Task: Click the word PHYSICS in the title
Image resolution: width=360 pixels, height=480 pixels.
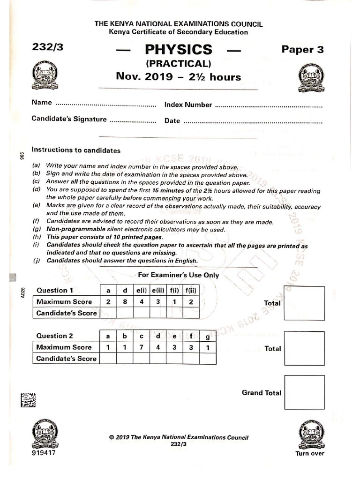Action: click(x=179, y=50)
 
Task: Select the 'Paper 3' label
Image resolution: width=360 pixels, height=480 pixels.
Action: click(x=302, y=49)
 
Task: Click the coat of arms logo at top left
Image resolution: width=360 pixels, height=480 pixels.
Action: click(x=45, y=76)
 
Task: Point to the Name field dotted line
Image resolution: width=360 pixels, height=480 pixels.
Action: click(x=106, y=104)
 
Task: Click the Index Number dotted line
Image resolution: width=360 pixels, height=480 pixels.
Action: click(x=269, y=105)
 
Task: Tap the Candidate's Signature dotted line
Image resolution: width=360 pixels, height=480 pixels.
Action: click(x=133, y=120)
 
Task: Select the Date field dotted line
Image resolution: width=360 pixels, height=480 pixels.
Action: click(x=253, y=121)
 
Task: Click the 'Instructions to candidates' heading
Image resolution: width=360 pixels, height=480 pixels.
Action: click(x=76, y=150)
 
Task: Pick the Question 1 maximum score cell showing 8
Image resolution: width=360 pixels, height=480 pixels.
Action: click(x=125, y=302)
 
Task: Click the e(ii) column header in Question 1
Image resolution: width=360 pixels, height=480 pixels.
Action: click(x=159, y=291)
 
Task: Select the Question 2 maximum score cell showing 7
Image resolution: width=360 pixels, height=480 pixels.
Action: click(x=141, y=347)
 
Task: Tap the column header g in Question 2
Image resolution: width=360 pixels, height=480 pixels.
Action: click(x=208, y=336)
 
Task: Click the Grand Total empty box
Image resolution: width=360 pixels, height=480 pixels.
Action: click(x=304, y=392)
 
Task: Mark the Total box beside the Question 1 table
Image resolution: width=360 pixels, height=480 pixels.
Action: click(x=304, y=303)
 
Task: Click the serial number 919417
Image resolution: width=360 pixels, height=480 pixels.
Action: click(x=45, y=453)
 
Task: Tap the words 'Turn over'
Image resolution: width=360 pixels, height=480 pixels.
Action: click(x=309, y=453)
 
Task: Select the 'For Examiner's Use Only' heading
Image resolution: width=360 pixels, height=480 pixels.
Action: click(x=178, y=275)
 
